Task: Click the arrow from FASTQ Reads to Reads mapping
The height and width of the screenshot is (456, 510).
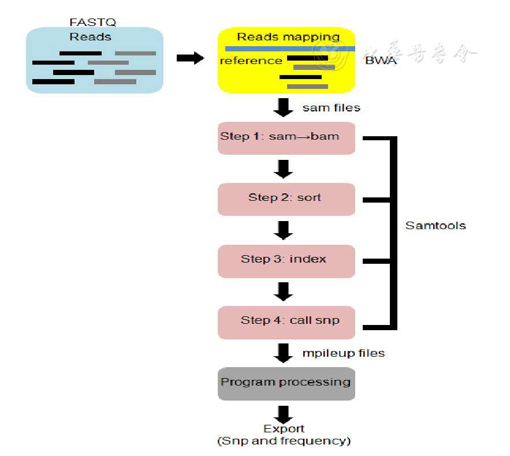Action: tap(190, 59)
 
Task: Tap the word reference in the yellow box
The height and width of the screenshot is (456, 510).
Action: tap(251, 61)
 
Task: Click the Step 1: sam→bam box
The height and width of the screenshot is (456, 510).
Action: tap(286, 138)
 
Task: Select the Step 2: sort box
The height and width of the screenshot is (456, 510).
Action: tap(286, 199)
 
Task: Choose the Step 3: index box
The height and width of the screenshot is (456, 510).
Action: tap(286, 260)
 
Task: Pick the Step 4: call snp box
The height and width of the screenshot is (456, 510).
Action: tap(286, 322)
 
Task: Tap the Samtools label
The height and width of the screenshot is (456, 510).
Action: tap(435, 226)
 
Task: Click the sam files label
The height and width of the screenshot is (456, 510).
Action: tap(332, 107)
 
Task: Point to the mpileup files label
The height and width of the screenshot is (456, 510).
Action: tap(344, 353)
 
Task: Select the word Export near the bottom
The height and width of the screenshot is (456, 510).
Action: tap(284, 429)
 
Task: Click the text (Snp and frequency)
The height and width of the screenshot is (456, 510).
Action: tap(284, 441)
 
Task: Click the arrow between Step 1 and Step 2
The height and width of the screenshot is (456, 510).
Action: tap(284, 169)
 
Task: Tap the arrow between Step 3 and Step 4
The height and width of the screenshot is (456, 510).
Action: tap(284, 291)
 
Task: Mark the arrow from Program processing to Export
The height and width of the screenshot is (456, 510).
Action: tap(284, 413)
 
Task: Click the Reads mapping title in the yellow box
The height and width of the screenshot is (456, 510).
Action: tap(289, 37)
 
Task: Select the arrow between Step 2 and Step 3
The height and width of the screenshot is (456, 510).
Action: tap(284, 230)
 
